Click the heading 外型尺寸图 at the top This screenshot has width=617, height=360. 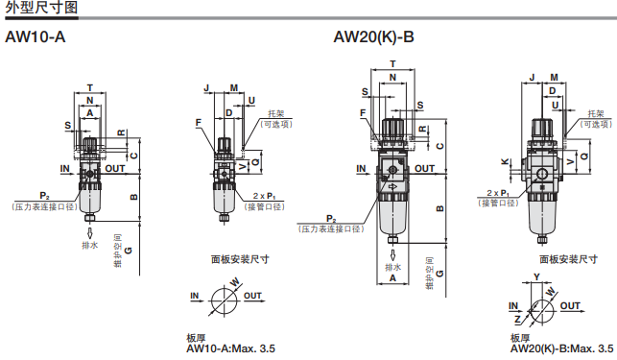[41, 8]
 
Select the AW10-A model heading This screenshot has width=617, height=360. [35, 37]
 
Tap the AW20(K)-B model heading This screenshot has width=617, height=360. [373, 37]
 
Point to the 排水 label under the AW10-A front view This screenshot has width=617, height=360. [89, 245]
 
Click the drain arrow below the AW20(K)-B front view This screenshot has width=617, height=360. [392, 254]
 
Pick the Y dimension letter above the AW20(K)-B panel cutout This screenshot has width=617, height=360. [536, 276]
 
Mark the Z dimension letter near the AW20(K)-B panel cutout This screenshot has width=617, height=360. [518, 319]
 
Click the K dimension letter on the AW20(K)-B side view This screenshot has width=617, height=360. [505, 162]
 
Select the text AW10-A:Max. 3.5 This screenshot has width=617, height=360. [230, 348]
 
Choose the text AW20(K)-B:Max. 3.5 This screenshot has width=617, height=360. [561, 348]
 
